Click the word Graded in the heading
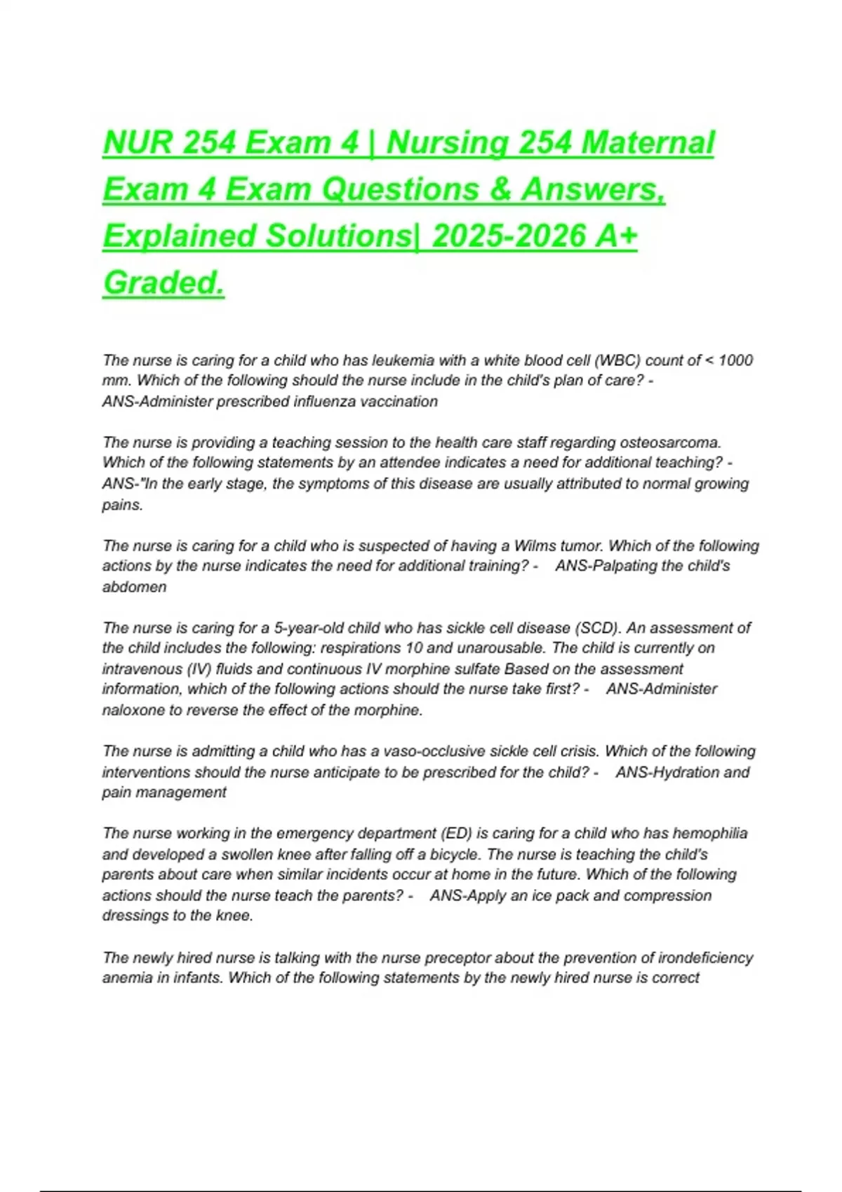pyautogui.click(x=163, y=283)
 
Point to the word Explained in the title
pyautogui.click(x=180, y=236)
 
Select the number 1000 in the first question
pyautogui.click(x=736, y=360)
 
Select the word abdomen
pyautogui.click(x=135, y=587)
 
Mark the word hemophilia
pyautogui.click(x=709, y=833)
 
